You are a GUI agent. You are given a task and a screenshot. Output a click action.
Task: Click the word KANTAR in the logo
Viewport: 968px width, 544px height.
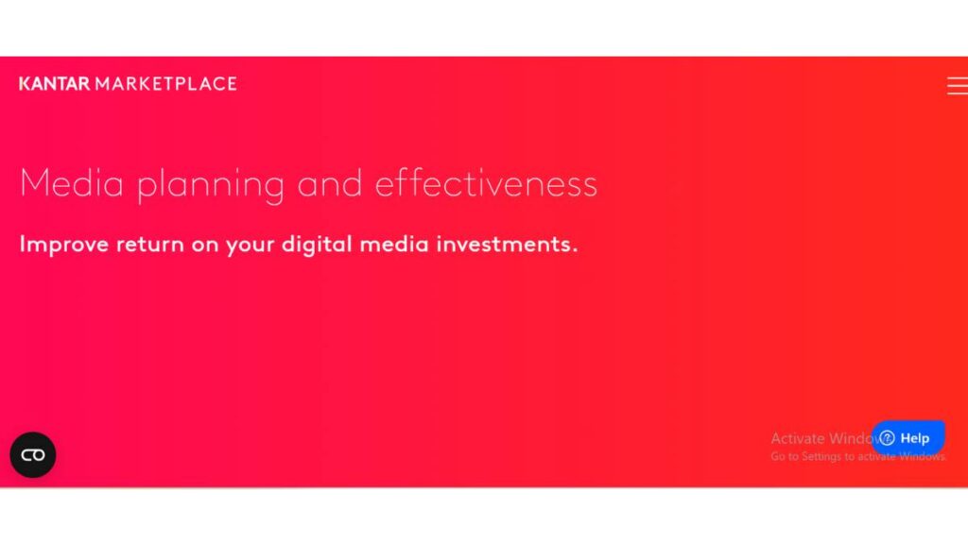55,84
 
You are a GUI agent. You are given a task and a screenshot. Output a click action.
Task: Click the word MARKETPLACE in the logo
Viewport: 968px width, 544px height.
165,84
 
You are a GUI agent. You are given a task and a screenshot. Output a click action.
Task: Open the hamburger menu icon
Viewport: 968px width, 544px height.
957,86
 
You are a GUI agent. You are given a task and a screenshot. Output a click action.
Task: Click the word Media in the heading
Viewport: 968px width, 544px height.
72,183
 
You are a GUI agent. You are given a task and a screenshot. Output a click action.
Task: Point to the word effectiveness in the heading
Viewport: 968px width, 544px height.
486,183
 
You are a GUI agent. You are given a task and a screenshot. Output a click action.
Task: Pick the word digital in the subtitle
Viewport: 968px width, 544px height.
318,245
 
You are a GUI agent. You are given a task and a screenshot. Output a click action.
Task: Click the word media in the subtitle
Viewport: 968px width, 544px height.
397,244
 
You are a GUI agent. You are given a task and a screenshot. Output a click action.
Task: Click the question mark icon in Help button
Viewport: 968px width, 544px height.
887,438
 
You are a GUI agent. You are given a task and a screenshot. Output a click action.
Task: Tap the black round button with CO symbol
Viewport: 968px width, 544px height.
33,455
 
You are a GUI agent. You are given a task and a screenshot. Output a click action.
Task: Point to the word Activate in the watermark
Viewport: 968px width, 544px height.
797,438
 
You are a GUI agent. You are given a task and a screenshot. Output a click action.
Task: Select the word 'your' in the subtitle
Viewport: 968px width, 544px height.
249,246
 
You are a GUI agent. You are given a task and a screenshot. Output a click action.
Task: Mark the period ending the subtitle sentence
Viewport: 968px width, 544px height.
574,250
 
